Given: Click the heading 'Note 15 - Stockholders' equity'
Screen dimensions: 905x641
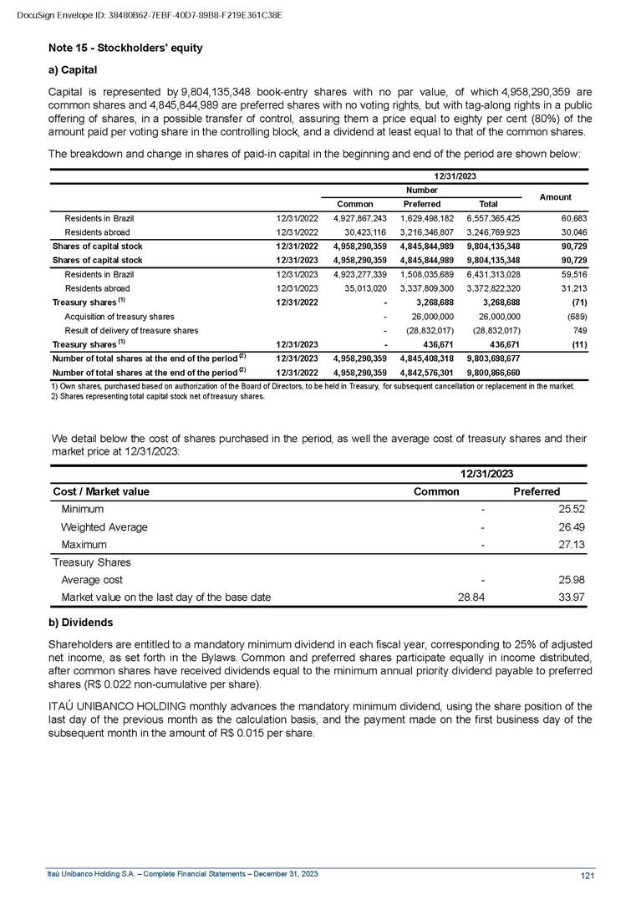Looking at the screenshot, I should point(125,48).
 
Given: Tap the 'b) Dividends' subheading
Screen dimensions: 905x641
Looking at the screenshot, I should point(81,623).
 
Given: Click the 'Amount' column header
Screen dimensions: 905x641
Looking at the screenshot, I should point(555,197).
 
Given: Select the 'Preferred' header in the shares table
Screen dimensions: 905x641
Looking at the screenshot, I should point(422,204).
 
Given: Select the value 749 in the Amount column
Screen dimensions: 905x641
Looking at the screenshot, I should point(577,331).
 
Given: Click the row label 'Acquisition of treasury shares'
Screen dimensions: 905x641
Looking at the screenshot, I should point(120,317).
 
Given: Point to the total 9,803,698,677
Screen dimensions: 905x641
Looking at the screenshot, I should point(493,358).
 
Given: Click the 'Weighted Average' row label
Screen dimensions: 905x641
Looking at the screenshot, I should point(104,527).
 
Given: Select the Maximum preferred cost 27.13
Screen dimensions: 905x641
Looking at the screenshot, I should point(547,545).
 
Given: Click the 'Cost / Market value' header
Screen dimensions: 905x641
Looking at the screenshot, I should point(100,491).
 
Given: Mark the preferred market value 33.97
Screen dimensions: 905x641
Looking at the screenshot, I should point(547,597).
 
